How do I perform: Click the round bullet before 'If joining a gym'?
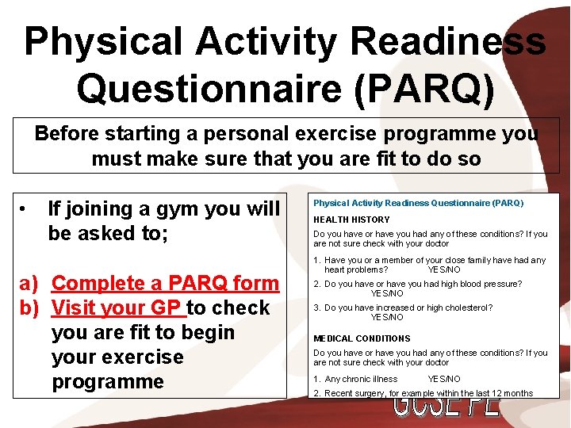tap(26, 209)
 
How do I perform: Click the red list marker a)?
tap(29, 283)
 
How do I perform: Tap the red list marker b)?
tap(29, 308)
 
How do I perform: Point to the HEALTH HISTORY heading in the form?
tap(351, 220)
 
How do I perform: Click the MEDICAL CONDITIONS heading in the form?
tap(362, 338)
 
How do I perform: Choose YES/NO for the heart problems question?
tap(443, 269)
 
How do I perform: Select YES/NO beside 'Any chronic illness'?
tap(443, 379)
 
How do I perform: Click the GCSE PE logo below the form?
tap(446, 407)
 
